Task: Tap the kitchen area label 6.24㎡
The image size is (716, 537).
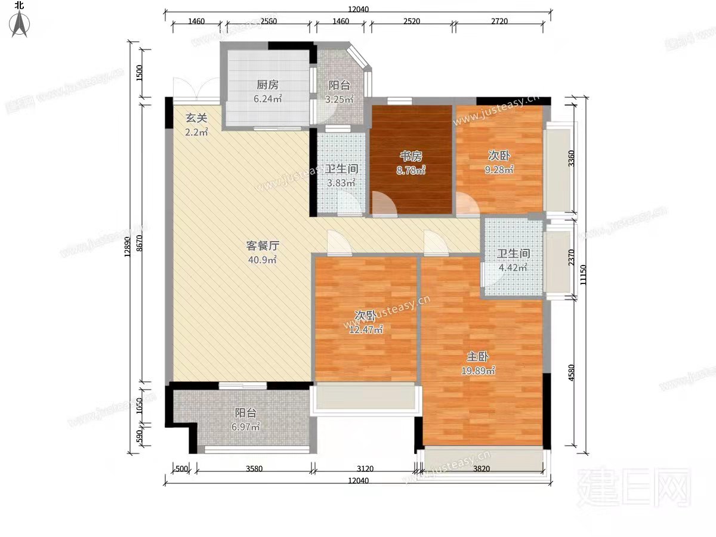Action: (267, 100)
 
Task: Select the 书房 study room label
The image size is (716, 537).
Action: (411, 156)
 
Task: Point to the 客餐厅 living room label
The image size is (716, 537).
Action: (263, 245)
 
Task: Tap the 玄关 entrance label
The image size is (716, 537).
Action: (196, 118)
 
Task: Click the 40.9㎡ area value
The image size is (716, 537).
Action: (263, 260)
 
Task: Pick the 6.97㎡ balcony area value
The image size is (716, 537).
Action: (246, 427)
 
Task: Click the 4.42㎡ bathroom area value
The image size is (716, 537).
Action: (513, 268)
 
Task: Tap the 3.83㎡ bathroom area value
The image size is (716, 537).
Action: (341, 183)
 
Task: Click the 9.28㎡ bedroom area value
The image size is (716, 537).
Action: (499, 169)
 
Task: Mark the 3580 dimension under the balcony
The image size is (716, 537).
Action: (254, 468)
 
